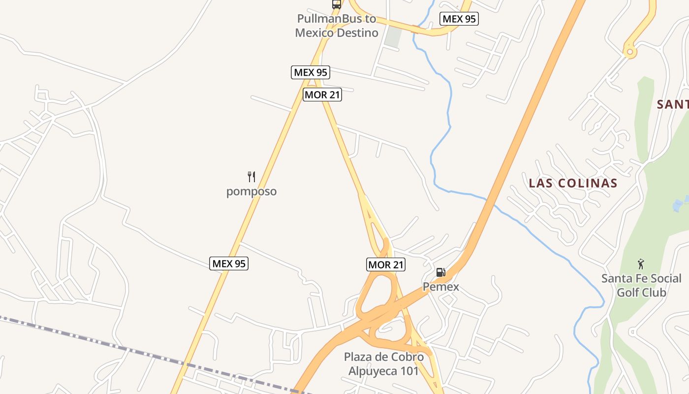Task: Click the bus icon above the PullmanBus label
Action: (x=337, y=4)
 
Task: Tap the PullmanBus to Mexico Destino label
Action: (x=337, y=26)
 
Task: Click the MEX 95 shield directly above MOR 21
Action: (x=310, y=72)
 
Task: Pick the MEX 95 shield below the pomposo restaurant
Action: (x=229, y=263)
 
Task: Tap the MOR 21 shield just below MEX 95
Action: (x=322, y=95)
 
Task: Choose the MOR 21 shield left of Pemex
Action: (x=386, y=265)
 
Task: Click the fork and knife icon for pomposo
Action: (x=251, y=177)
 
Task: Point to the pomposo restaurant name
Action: (x=251, y=192)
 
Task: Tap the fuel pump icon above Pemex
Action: (x=441, y=272)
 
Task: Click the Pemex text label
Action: (x=441, y=287)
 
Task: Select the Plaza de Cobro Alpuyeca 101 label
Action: (x=383, y=364)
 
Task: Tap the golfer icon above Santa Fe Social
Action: (x=641, y=264)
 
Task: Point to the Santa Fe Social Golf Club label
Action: (x=641, y=286)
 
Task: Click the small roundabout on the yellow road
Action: (x=629, y=51)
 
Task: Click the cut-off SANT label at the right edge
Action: (x=673, y=104)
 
